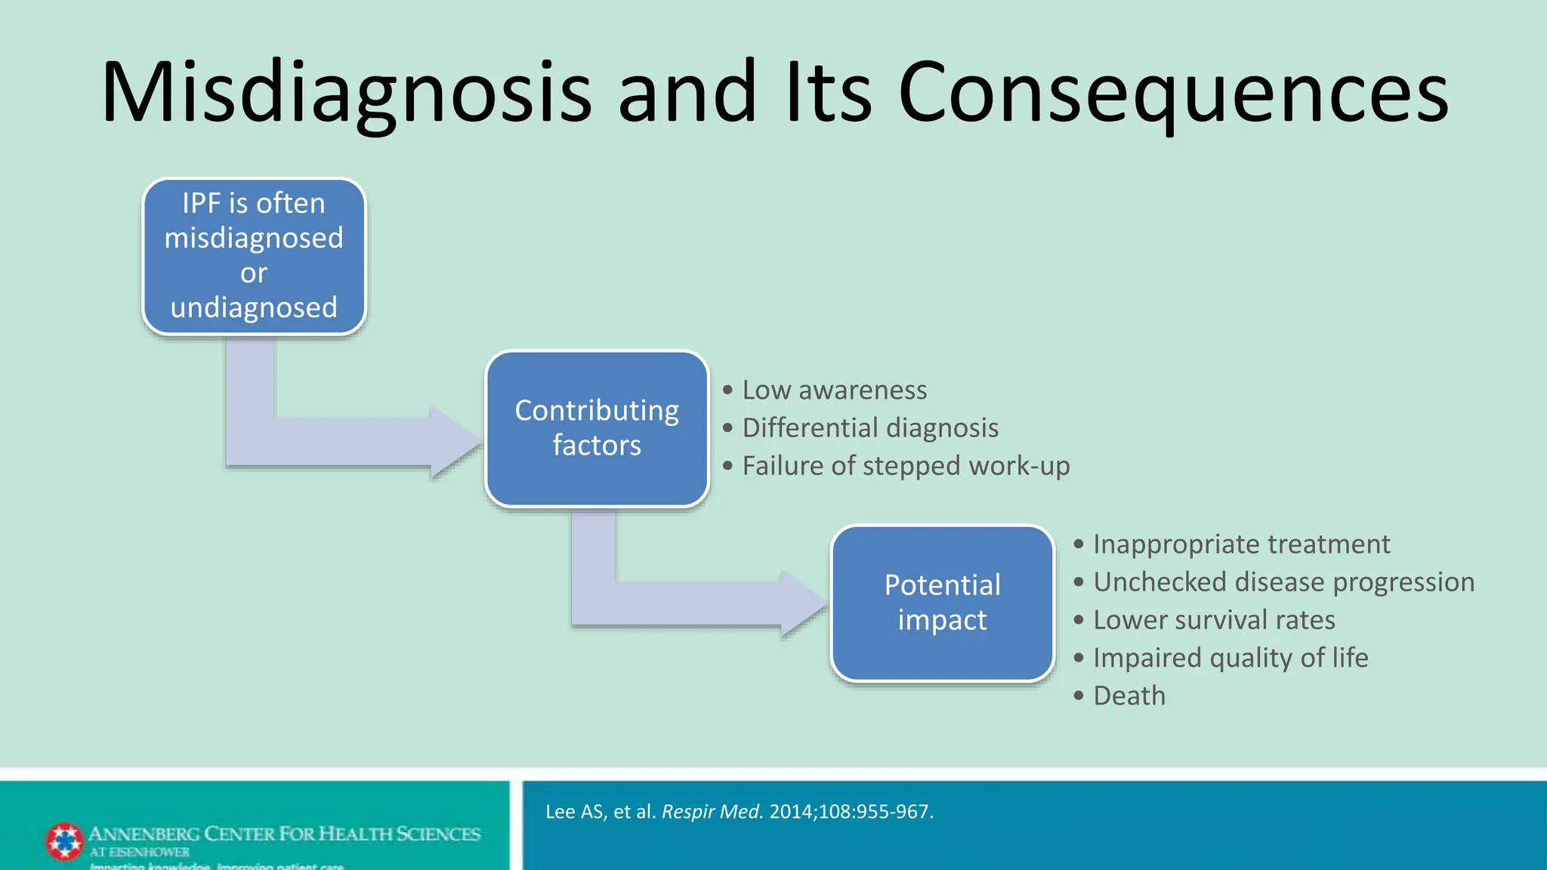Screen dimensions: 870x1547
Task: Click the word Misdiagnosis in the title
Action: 346,92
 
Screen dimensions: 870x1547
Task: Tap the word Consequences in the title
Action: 1172,92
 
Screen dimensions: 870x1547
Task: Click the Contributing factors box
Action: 597,428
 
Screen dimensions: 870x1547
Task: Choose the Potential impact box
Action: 942,603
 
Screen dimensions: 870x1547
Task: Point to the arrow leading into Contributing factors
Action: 340,441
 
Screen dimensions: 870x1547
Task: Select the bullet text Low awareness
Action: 834,390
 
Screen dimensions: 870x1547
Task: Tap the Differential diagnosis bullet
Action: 870,428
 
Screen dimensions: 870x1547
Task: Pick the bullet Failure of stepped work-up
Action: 906,466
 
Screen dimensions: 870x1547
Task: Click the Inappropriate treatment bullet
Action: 1241,545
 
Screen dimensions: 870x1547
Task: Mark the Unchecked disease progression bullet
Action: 1283,582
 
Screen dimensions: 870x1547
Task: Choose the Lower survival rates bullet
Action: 1214,620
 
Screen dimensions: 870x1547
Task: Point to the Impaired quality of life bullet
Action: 1230,658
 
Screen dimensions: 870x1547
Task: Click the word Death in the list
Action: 1129,696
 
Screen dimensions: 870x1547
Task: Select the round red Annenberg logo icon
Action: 65,841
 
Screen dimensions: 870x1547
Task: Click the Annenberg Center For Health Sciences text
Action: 284,834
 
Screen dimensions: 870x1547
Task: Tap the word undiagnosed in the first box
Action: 254,308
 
